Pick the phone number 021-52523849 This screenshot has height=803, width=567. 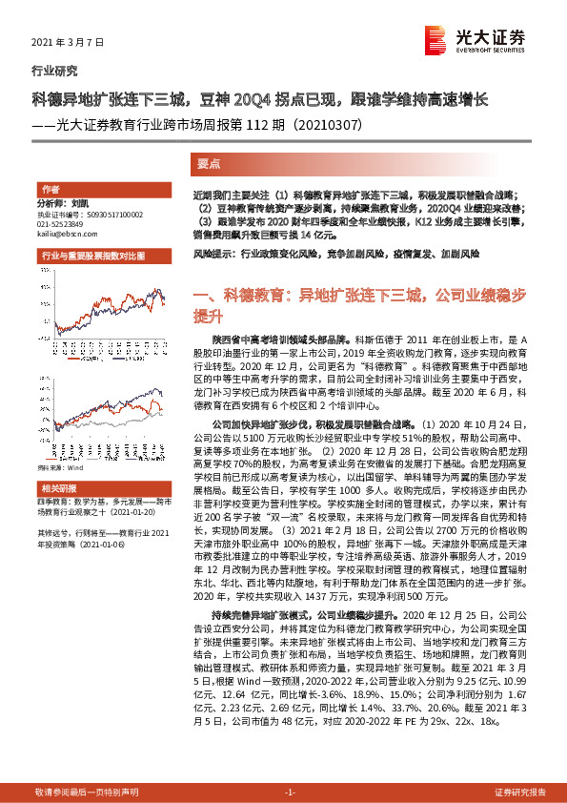click(x=61, y=223)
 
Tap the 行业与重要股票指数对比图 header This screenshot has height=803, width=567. click(x=93, y=258)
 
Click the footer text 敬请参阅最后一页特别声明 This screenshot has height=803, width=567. click(x=87, y=792)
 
